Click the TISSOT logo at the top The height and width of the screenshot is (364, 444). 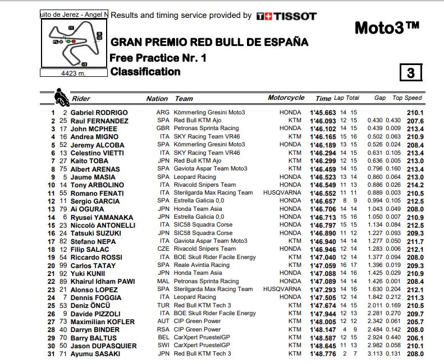(x=286, y=16)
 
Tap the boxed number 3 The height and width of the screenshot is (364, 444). (x=410, y=73)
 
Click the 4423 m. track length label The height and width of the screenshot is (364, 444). (x=74, y=72)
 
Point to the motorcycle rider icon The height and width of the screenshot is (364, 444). (x=60, y=96)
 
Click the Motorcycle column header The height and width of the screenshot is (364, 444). (x=286, y=98)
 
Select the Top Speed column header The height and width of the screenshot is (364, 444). (x=407, y=98)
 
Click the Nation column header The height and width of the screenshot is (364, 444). (x=157, y=99)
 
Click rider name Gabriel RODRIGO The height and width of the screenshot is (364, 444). (x=99, y=113)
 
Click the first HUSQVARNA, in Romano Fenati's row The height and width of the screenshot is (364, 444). (x=284, y=193)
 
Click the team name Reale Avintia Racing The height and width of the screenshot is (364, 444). (x=202, y=265)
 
